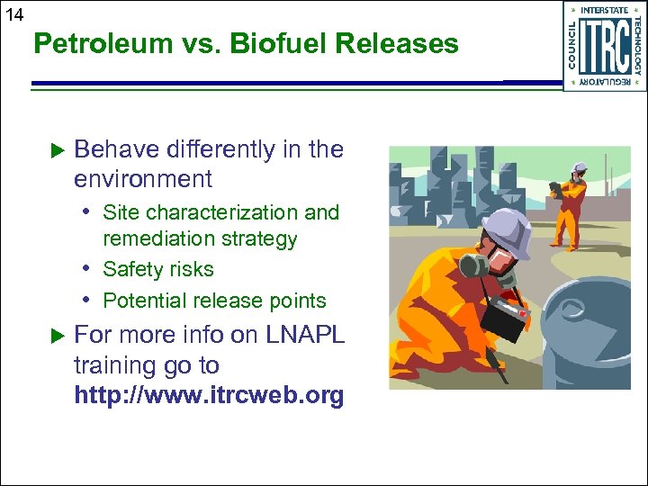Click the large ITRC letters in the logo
605,46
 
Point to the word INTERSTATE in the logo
605,10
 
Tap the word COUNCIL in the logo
573,46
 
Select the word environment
143,179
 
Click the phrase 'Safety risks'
158,269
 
